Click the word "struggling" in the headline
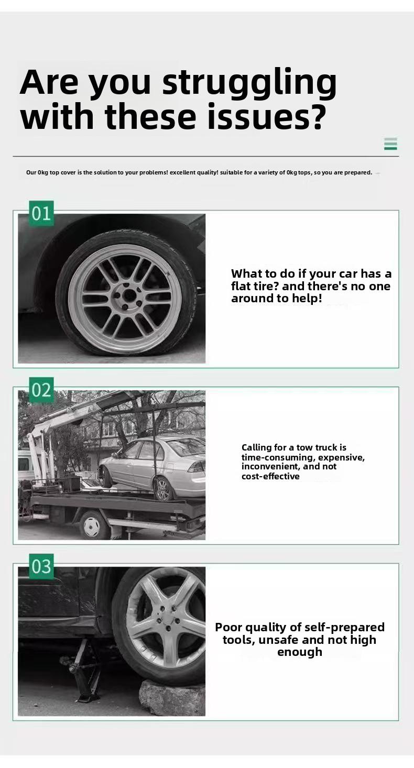(249, 83)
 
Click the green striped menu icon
(390, 144)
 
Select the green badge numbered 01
(41, 213)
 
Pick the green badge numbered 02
(41, 390)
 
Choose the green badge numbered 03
(41, 566)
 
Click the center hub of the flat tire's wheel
(129, 295)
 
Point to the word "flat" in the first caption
(242, 286)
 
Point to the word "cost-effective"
(270, 476)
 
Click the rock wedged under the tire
(171, 698)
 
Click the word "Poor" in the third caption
(228, 627)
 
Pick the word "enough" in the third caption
(299, 652)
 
